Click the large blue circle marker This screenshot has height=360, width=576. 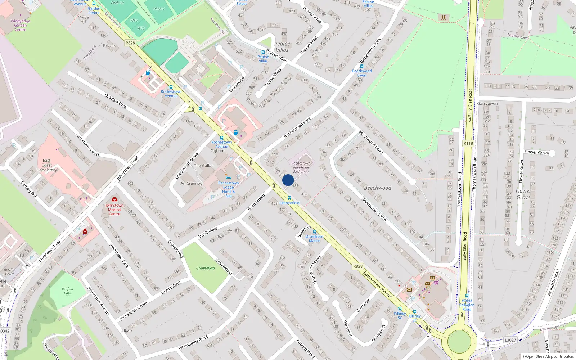click(288, 180)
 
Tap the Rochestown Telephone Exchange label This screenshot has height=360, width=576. click(301, 167)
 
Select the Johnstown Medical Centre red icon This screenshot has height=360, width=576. click(114, 199)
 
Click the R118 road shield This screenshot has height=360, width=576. click(468, 143)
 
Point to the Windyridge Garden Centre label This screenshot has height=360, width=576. click(20, 25)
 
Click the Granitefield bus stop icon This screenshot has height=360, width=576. click(289, 198)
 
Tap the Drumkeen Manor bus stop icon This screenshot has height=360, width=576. click(314, 232)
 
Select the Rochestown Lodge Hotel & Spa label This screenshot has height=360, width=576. click(228, 189)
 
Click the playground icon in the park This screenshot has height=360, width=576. click(443, 17)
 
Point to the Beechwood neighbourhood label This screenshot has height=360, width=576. click(377, 188)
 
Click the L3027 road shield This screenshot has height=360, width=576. click(510, 340)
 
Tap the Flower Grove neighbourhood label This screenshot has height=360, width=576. click(523, 194)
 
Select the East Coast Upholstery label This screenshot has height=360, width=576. click(46, 165)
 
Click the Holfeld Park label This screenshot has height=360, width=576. click(67, 291)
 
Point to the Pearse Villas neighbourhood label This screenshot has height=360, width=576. click(282, 47)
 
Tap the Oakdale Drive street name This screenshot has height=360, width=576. click(116, 101)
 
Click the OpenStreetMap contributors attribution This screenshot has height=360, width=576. click(548, 356)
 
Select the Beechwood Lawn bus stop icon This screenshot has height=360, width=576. click(362, 66)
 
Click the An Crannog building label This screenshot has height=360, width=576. click(191, 183)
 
